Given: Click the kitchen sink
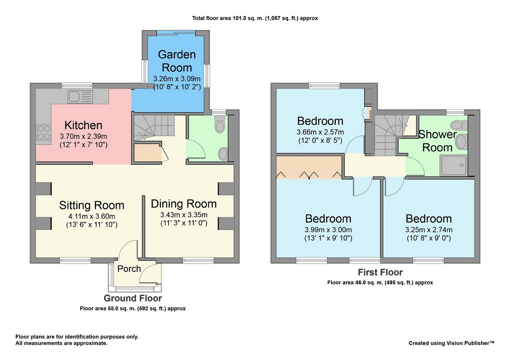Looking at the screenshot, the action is (80, 97).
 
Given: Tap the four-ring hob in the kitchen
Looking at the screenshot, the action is (43, 133).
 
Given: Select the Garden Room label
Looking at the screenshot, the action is (177, 61).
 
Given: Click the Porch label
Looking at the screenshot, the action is (129, 269).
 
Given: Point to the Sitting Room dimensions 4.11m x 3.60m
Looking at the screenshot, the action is (92, 216).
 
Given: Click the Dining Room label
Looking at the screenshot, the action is (184, 204).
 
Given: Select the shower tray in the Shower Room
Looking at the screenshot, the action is (454, 165).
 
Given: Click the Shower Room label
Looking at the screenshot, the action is (437, 141).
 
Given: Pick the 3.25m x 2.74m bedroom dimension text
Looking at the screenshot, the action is (429, 230).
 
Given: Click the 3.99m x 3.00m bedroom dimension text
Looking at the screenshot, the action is (328, 230).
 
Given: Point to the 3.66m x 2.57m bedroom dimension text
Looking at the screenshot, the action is (320, 132).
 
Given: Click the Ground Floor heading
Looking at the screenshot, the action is (133, 298).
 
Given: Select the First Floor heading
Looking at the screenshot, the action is (380, 272).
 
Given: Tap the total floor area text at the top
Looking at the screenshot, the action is (255, 18).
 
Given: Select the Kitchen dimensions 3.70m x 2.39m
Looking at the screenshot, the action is (83, 136).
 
